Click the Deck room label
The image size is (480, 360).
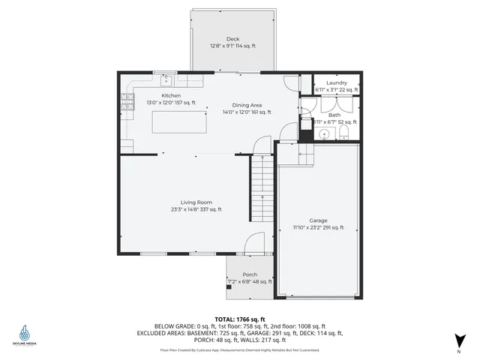(x=232, y=39)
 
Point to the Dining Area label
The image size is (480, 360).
(x=246, y=105)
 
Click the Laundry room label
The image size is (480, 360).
(x=336, y=82)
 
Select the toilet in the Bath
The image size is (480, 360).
(x=343, y=133)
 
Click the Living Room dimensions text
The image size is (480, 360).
(x=196, y=209)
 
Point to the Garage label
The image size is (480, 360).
(x=318, y=220)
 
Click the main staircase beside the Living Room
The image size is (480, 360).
(x=262, y=191)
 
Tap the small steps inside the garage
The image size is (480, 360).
(x=304, y=154)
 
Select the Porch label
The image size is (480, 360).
(x=250, y=274)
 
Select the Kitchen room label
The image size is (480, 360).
(x=171, y=96)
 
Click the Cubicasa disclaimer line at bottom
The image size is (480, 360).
(x=240, y=349)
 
